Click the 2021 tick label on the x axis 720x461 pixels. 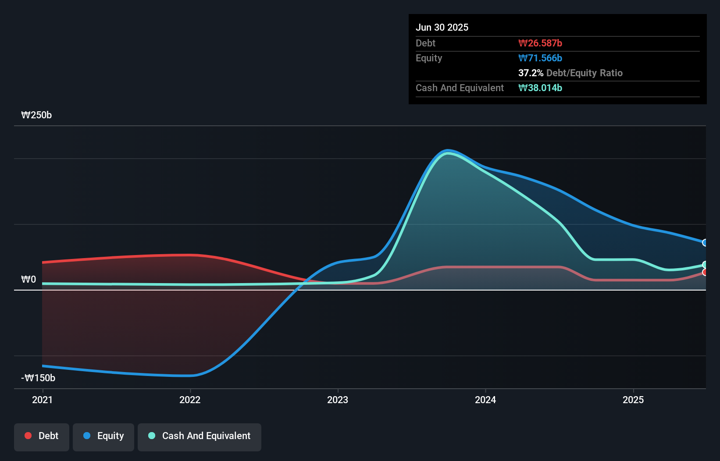coord(42,400)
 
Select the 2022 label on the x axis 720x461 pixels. coord(190,400)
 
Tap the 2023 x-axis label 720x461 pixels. coord(338,400)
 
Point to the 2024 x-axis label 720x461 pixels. coord(485,400)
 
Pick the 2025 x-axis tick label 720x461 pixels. coord(633,400)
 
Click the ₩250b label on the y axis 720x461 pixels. coord(36,115)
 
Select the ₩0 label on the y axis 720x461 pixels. coord(29,279)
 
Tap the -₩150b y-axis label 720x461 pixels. coord(38,378)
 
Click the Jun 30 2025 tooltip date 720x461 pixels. coord(442,27)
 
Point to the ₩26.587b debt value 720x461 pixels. coord(540,43)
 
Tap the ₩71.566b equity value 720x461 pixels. coord(540,58)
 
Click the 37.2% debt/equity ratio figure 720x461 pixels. coord(531,73)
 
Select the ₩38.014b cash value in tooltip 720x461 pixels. coord(540,88)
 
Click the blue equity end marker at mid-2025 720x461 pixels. coord(705,242)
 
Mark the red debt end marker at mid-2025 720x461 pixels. coord(705,272)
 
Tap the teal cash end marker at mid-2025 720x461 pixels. coord(705,265)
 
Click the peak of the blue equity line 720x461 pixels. coord(447,151)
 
